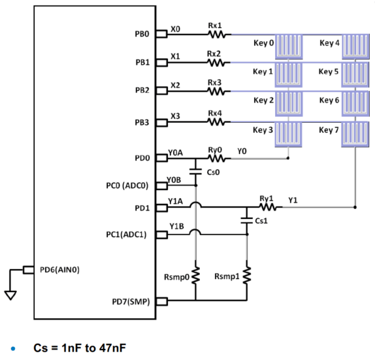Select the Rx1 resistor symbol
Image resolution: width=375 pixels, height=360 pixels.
(x=216, y=35)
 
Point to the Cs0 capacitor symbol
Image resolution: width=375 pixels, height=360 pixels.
(x=196, y=172)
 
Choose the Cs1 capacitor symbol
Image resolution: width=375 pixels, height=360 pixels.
(x=247, y=221)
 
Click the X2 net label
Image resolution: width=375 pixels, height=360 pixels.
(x=174, y=86)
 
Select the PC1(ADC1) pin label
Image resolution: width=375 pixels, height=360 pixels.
(x=131, y=234)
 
